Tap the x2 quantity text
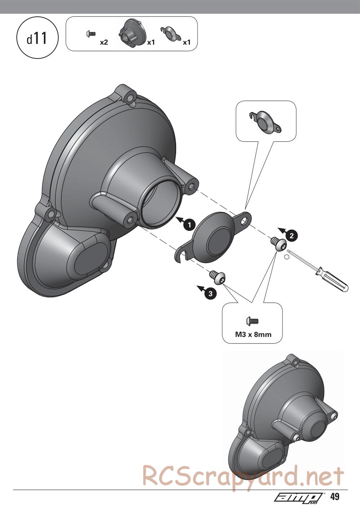tap(104, 42)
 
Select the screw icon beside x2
tap(91, 34)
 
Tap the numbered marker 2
tap(292, 236)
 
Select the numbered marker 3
tap(210, 293)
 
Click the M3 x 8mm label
tap(253, 335)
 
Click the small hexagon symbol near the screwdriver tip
tap(286, 257)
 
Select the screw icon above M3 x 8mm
tap(252, 321)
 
